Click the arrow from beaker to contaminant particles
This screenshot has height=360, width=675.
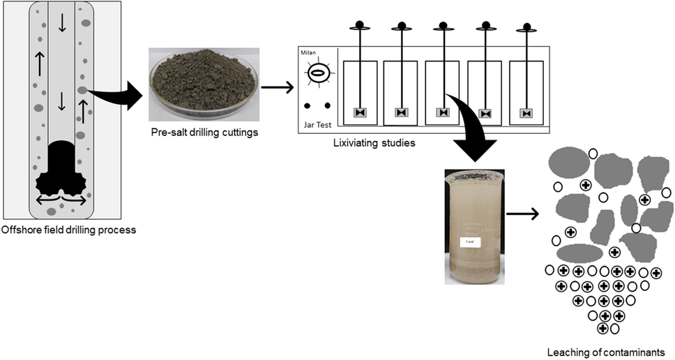pyautogui.click(x=522, y=213)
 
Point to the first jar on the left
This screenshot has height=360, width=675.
pyautogui.click(x=360, y=92)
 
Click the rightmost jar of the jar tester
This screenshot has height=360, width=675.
pyautogui.click(x=526, y=92)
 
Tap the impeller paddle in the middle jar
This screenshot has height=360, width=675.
pyautogui.click(x=443, y=112)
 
